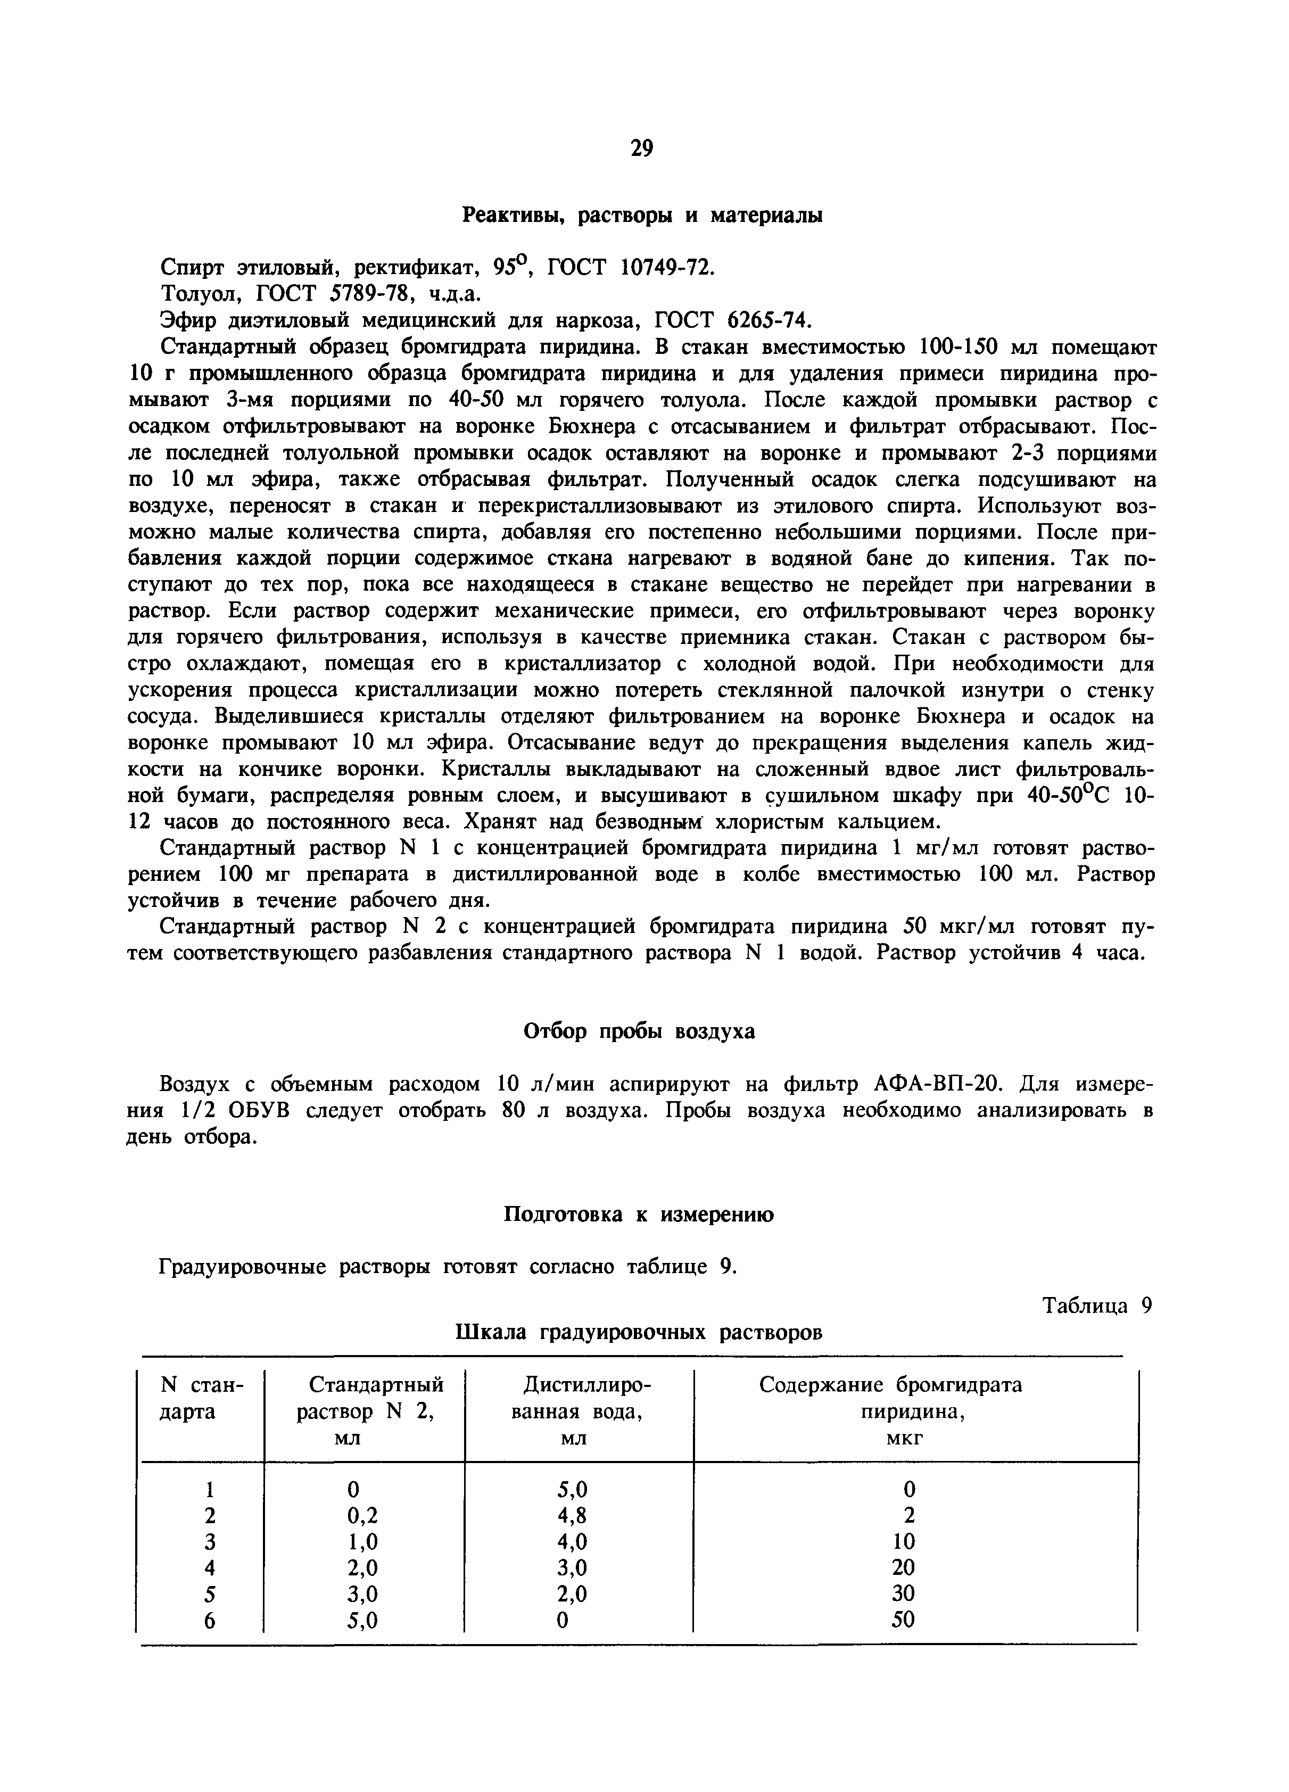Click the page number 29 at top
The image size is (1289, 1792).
point(642,148)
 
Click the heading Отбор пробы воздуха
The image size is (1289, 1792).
point(640,1032)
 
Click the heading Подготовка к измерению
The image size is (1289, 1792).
point(639,1215)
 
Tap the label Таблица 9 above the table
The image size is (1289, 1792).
point(1097,1306)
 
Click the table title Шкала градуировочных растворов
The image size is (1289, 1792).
point(639,1333)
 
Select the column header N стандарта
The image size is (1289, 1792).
point(202,1399)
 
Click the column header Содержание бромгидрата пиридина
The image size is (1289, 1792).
point(891,1399)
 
